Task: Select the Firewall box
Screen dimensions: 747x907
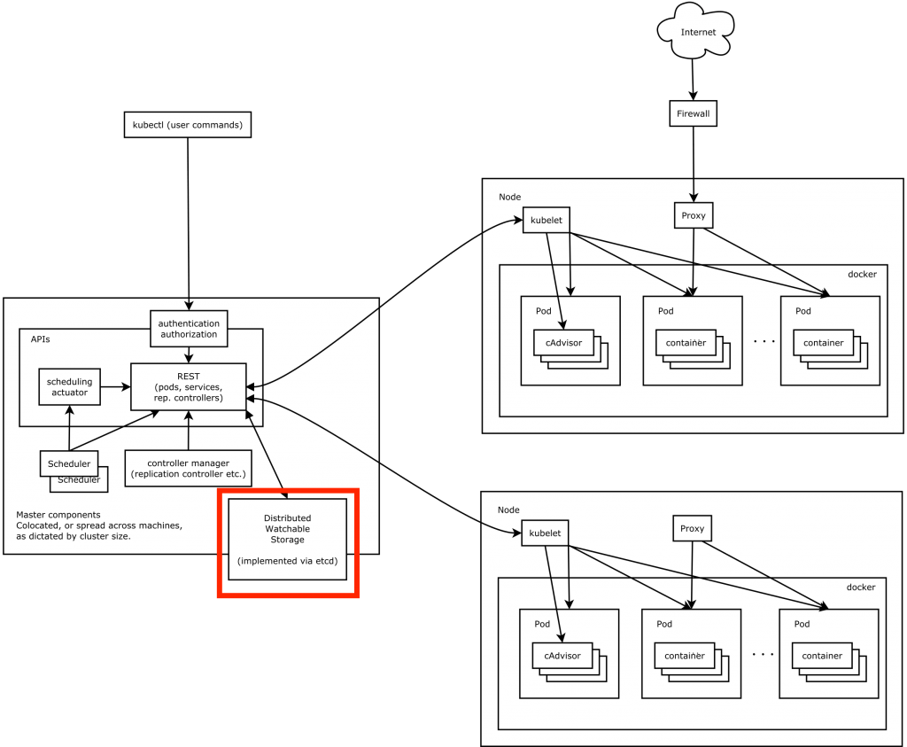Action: [x=693, y=113]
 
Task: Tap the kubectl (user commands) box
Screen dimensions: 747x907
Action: [x=187, y=125]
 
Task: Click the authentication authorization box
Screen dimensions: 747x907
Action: [x=188, y=328]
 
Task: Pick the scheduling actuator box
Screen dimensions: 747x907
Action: [x=69, y=386]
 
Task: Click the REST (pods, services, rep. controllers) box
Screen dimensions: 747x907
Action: [x=188, y=386]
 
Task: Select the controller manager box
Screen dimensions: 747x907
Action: [x=188, y=468]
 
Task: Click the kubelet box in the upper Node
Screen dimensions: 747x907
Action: [x=547, y=220]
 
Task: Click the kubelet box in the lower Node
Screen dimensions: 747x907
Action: [x=545, y=532]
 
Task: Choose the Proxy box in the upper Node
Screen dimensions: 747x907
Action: [x=693, y=215]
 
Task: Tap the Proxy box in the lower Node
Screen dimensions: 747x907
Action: [x=692, y=529]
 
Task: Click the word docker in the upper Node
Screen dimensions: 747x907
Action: [x=862, y=275]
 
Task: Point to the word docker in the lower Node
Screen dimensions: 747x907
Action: [x=860, y=587]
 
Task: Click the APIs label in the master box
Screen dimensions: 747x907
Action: [x=41, y=338]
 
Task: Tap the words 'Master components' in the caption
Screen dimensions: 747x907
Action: [x=58, y=514]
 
